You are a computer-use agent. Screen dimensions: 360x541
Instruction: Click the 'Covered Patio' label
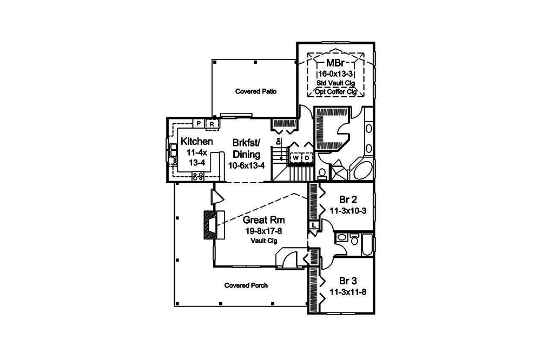(256, 91)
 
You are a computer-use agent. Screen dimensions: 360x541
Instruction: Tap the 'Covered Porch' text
(246, 285)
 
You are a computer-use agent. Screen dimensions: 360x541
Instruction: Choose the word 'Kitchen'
(196, 142)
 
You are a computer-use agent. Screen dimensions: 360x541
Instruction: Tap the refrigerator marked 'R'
(212, 124)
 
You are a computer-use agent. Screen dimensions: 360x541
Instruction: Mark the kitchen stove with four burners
(197, 175)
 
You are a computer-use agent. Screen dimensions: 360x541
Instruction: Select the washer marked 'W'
(296, 158)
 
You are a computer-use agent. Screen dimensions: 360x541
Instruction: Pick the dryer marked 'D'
(306, 158)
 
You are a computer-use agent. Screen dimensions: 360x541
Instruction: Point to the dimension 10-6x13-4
(246, 165)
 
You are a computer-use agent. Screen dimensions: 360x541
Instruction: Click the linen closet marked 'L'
(314, 225)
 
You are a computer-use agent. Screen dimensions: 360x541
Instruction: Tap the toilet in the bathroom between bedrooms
(354, 237)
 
